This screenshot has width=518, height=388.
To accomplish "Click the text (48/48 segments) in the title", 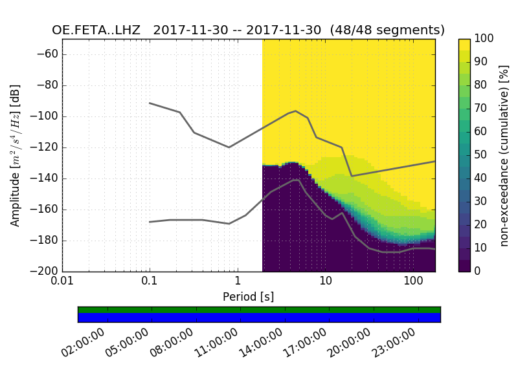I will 387,30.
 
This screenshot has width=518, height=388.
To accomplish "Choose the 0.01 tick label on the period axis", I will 62,283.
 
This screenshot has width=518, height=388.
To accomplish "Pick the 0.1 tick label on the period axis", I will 150,283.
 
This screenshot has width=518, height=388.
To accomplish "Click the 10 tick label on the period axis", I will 325,283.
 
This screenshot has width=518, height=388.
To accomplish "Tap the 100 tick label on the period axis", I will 413,283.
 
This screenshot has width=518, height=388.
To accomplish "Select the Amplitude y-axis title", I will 16,155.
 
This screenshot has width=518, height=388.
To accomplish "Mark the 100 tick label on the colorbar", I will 484,39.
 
